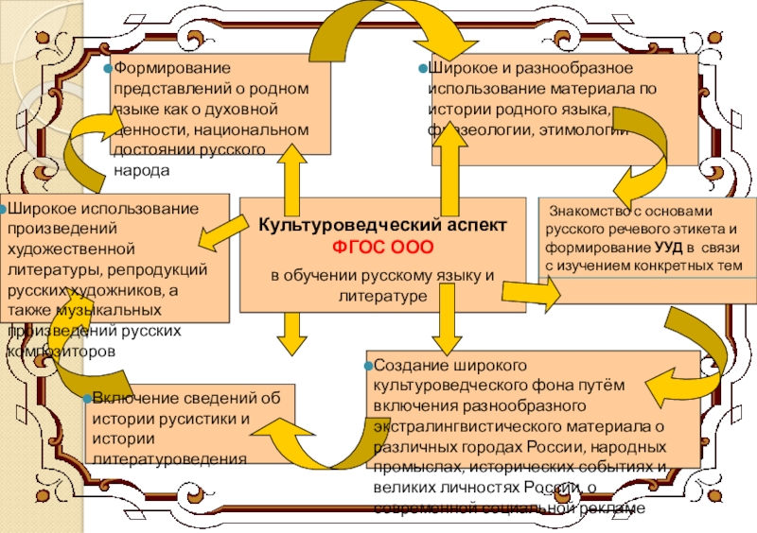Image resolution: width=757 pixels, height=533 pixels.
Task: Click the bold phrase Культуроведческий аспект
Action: point(383,227)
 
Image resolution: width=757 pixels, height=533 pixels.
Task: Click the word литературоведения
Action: point(169,458)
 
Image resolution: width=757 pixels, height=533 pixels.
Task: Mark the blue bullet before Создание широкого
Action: point(370,364)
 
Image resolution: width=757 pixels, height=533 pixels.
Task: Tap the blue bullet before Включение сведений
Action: point(87,398)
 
